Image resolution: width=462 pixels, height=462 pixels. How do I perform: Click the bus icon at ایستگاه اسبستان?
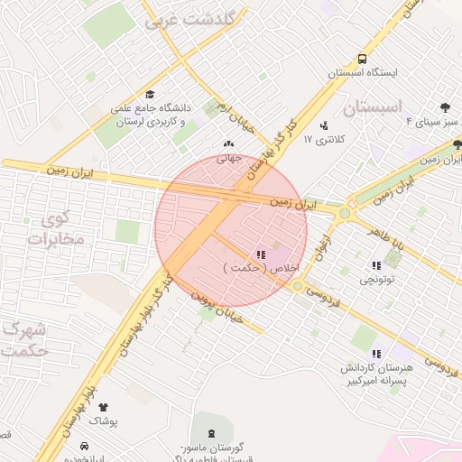(362, 55)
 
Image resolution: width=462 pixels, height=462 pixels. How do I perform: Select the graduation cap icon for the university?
(150, 93)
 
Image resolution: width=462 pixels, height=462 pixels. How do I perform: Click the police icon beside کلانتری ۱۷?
(324, 125)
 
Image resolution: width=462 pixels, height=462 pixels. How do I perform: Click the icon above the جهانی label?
(227, 143)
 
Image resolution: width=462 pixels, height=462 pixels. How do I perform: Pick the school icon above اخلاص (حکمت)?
(261, 254)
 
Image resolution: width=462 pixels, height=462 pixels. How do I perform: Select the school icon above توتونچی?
(375, 265)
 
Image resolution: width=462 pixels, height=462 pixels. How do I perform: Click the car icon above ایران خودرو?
(84, 446)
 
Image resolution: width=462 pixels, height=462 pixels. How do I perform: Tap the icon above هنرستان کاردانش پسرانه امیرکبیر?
(375, 354)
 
